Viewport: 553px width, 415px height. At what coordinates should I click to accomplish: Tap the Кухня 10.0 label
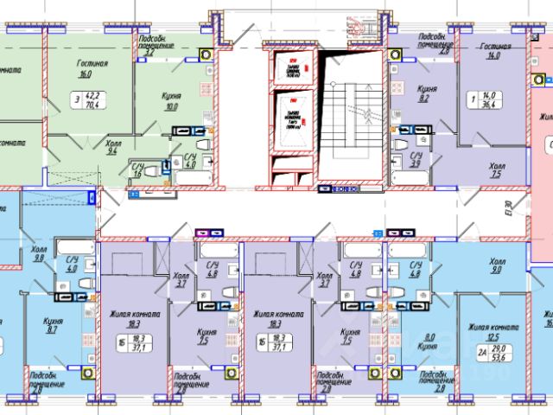tap(170, 101)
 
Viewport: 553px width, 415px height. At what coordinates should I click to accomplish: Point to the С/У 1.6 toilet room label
tap(137, 169)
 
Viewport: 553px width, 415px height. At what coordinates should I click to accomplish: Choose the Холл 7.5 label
tap(496, 171)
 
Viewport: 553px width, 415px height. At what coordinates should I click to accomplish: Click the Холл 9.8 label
tap(37, 253)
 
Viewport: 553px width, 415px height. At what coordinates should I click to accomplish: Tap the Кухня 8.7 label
tap(51, 324)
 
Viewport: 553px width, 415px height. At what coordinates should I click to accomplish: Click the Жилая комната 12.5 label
tap(493, 332)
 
